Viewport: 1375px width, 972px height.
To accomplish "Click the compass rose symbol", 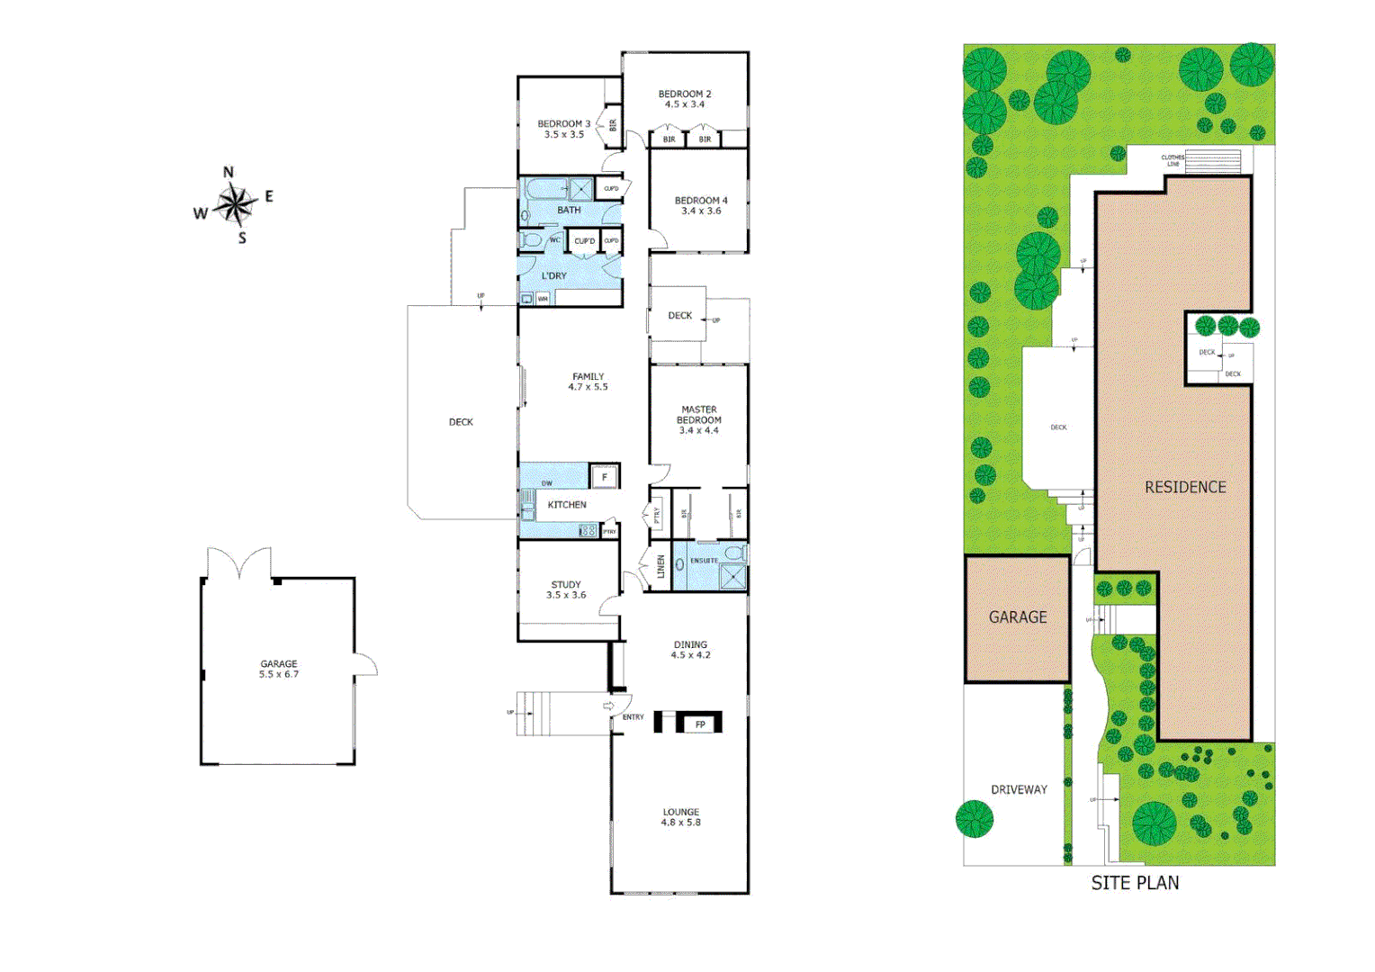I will coord(235,205).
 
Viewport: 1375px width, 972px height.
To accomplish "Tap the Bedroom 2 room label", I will coord(684,94).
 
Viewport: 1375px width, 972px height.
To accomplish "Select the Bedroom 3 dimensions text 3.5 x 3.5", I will coord(563,135).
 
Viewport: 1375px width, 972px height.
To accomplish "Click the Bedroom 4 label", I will coord(701,201).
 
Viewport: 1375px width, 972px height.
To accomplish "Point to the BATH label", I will coord(569,211).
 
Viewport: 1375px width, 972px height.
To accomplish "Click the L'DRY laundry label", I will coord(553,276).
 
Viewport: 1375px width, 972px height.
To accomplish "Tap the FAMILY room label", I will coord(588,376).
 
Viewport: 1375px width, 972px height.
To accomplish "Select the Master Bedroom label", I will coord(699,415).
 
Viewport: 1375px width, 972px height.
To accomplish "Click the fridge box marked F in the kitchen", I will coord(604,476).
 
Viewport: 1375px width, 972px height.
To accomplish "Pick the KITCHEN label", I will coord(567,505).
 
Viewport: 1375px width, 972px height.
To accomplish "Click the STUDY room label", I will coord(566,584).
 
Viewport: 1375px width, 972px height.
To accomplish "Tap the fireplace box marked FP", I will coord(700,724).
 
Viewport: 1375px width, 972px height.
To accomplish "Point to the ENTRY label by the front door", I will coord(633,717).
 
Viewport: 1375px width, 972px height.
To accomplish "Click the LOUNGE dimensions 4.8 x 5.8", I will coord(681,823).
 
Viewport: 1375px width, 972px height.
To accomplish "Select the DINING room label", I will coord(690,644).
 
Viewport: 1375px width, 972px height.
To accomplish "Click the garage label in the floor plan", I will coord(279,663).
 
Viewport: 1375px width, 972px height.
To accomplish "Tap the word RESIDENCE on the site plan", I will coord(1185,487).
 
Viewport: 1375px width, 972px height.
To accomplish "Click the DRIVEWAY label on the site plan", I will coord(1019,789).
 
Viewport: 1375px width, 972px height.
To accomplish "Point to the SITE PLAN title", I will coord(1135,883).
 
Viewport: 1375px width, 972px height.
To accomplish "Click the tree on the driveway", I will coord(974,819).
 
